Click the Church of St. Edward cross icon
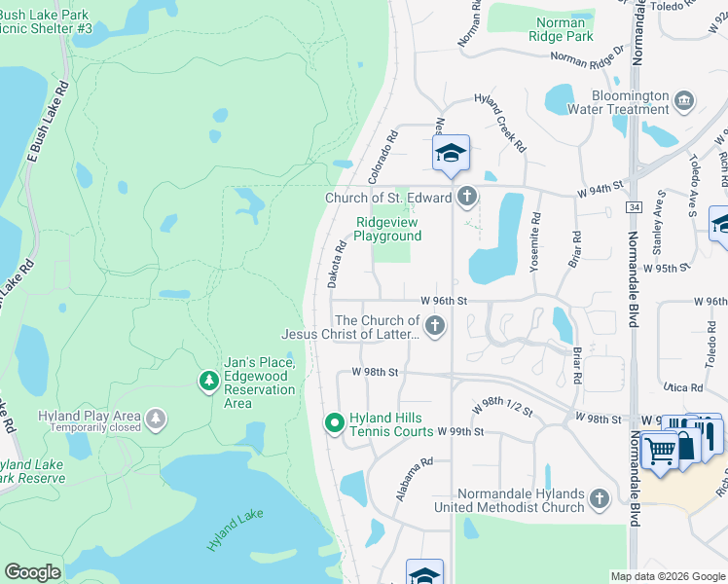[466, 198]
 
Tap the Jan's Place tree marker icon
[207, 383]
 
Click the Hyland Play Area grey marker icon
[155, 420]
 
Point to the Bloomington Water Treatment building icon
[683, 100]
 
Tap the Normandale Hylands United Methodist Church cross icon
[599, 499]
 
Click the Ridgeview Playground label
[387, 229]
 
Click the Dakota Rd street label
[337, 264]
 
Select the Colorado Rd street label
[383, 157]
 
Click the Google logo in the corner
[32, 572]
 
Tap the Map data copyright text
[667, 576]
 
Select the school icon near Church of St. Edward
[451, 154]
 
